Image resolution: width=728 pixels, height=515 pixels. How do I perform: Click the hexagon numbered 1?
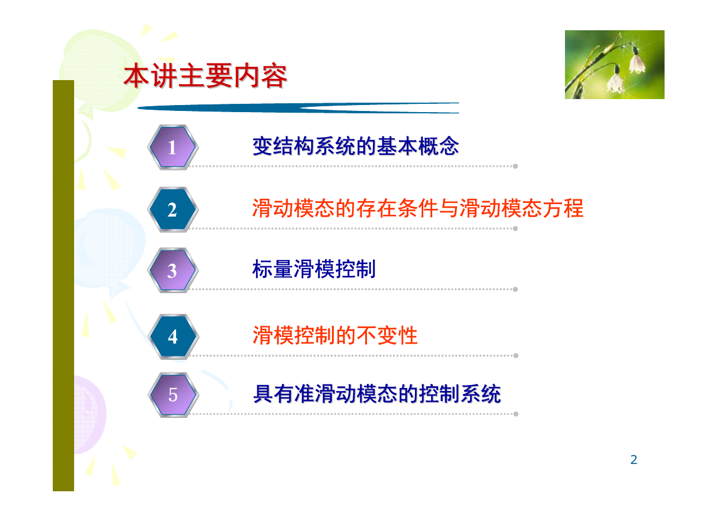(173, 147)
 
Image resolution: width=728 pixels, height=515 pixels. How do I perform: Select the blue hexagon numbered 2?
(173, 209)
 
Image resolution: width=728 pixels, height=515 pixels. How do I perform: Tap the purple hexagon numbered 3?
(173, 270)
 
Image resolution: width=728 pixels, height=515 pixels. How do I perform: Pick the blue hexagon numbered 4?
(173, 336)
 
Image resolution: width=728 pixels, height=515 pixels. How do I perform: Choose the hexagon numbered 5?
(173, 395)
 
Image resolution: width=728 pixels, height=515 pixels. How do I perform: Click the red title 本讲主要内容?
(205, 76)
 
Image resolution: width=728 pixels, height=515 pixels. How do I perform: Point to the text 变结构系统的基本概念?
(356, 146)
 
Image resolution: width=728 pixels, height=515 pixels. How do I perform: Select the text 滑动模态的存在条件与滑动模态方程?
(418, 208)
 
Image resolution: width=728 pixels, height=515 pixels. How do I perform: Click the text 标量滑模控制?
(314, 269)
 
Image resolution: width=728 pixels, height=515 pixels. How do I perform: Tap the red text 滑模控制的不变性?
(335, 335)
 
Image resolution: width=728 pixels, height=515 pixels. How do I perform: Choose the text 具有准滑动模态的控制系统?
(377, 394)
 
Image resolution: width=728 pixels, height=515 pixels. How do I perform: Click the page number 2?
(633, 460)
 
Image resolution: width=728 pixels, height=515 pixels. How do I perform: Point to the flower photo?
(615, 65)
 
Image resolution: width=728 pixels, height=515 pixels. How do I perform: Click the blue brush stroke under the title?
(298, 108)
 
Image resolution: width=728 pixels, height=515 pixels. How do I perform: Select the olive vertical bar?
(63, 285)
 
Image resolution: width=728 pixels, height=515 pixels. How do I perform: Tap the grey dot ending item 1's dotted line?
(515, 166)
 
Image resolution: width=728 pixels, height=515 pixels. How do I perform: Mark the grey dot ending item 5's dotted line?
(516, 414)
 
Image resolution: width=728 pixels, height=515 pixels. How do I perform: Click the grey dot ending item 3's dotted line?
(515, 289)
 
